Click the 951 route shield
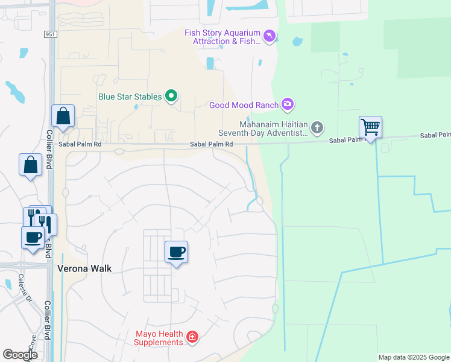pyautogui.click(x=51, y=35)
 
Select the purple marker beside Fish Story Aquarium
pyautogui.click(x=270, y=37)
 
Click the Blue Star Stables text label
pyautogui.click(x=130, y=97)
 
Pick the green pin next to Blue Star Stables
pyautogui.click(x=171, y=96)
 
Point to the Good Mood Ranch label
pyautogui.click(x=244, y=105)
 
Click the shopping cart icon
pyautogui.click(x=370, y=127)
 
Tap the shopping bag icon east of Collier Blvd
pyautogui.click(x=63, y=116)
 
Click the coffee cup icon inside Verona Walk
pyautogui.click(x=176, y=252)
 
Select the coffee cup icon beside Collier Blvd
pyautogui.click(x=33, y=237)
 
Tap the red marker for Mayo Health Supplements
pyautogui.click(x=192, y=337)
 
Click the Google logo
pyautogui.click(x=20, y=355)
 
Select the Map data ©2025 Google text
pyautogui.click(x=414, y=357)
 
